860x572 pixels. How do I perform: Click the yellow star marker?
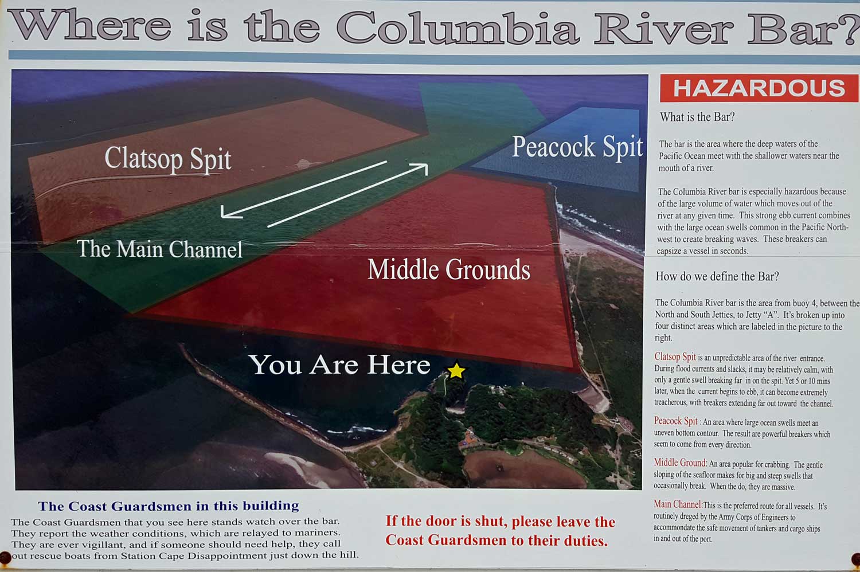coord(456,370)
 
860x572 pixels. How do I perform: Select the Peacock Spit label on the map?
coord(577,147)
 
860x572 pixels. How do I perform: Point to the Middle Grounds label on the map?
coord(449,269)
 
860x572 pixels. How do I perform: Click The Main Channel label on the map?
coord(160,249)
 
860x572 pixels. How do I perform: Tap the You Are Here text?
coord(339,365)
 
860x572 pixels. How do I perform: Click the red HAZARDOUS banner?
coord(759,88)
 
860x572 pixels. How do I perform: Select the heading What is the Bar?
coord(697,117)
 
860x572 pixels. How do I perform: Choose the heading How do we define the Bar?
coord(717,276)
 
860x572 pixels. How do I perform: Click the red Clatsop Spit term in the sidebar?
coord(675,356)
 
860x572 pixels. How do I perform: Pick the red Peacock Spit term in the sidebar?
coord(676,421)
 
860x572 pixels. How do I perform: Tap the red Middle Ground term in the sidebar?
coord(680,463)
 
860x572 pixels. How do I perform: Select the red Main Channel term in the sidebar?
coord(678,504)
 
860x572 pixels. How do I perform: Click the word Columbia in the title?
coord(458,27)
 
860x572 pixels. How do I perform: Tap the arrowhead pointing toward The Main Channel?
coord(229,212)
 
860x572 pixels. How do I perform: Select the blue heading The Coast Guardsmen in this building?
coord(169,506)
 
